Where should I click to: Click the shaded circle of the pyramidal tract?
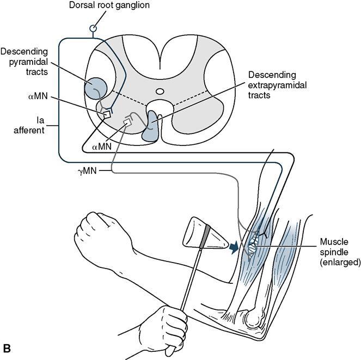[97, 86]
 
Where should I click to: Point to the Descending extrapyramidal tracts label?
[271, 84]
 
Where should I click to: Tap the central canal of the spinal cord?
[160, 91]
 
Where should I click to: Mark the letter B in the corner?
[8, 347]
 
